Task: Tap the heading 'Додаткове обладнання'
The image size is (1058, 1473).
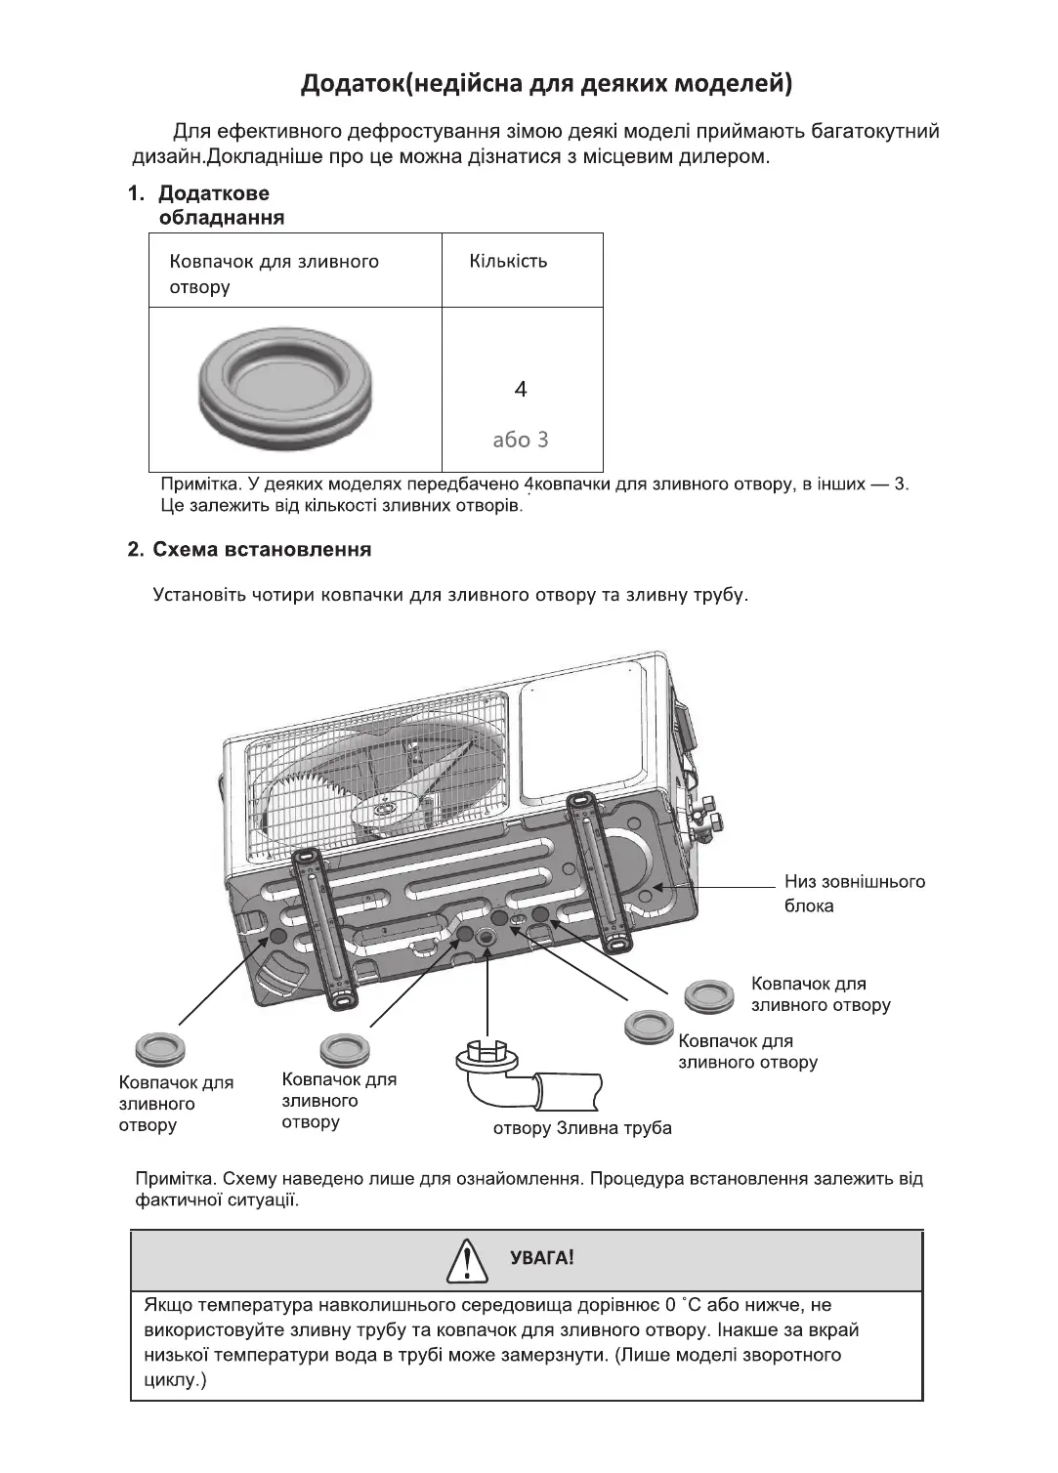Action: coord(221,205)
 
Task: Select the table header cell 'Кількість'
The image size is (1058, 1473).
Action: coord(508,262)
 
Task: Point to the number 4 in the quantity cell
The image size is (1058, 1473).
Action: coord(521,390)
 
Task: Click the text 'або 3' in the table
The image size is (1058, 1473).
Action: coord(521,440)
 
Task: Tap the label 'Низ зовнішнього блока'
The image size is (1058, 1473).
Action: coord(853,894)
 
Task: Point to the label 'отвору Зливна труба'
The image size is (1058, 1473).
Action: coord(582,1128)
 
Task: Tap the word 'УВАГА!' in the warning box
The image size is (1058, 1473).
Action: coord(542,1258)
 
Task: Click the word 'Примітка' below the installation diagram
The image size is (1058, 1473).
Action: coord(171,1178)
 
